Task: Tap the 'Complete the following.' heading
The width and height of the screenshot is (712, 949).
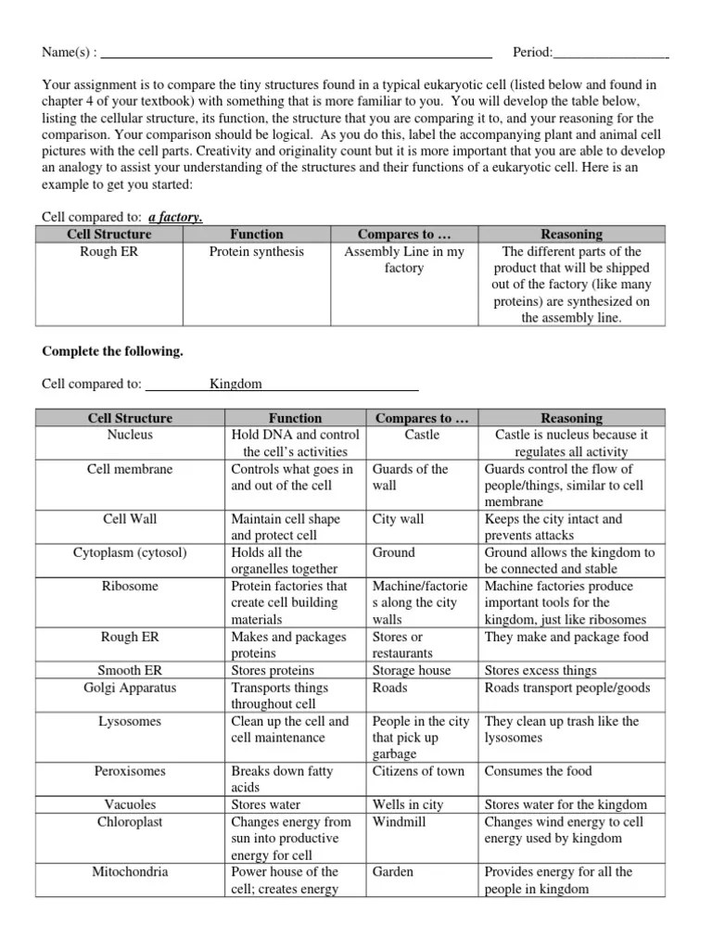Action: click(112, 351)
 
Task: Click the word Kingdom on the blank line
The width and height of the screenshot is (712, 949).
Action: click(235, 384)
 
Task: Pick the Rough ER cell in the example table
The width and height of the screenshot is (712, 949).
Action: click(109, 251)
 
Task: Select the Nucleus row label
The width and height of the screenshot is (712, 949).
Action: click(130, 435)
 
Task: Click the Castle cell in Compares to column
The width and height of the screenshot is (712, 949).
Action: click(422, 435)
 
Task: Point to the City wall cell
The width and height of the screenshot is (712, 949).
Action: click(398, 519)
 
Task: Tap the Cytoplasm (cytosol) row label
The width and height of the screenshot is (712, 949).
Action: click(130, 552)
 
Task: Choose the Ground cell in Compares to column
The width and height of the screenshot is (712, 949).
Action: click(394, 552)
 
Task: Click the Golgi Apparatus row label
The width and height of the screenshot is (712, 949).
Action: click(130, 688)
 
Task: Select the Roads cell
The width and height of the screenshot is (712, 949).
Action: click(391, 688)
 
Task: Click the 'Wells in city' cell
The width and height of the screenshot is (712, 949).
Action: click(408, 804)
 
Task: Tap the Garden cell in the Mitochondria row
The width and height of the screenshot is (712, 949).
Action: click(393, 871)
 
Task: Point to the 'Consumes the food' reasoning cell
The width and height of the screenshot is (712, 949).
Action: click(538, 771)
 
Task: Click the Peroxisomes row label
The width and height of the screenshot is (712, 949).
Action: click(130, 771)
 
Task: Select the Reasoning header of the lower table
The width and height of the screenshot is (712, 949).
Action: click(571, 418)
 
